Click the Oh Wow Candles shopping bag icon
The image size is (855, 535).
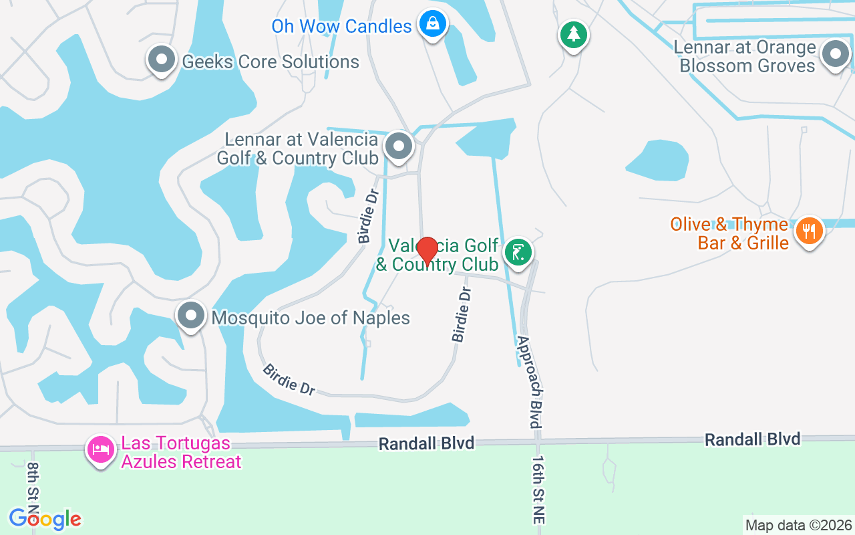tap(433, 25)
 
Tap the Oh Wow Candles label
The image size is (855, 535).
tap(341, 27)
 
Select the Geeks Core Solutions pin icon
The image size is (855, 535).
tap(161, 60)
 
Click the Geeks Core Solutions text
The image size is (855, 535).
tap(271, 62)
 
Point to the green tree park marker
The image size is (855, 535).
tap(573, 33)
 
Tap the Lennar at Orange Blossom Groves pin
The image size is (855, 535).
tap(835, 53)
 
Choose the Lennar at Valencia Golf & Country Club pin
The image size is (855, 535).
tap(399, 144)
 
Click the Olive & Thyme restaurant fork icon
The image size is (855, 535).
tap(810, 231)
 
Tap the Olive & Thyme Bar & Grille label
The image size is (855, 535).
tap(729, 233)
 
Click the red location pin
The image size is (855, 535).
tap(427, 250)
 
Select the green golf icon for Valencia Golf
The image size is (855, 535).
tap(518, 252)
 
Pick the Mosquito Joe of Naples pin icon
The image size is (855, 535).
tap(192, 315)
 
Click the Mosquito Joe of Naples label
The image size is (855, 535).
tap(311, 318)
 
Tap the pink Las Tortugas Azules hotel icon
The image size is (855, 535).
tap(101, 448)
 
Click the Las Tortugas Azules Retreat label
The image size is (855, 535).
tap(181, 453)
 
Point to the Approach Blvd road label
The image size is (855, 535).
tap(528, 381)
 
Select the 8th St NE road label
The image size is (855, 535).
tap(34, 488)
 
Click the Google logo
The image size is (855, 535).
tap(45, 519)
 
